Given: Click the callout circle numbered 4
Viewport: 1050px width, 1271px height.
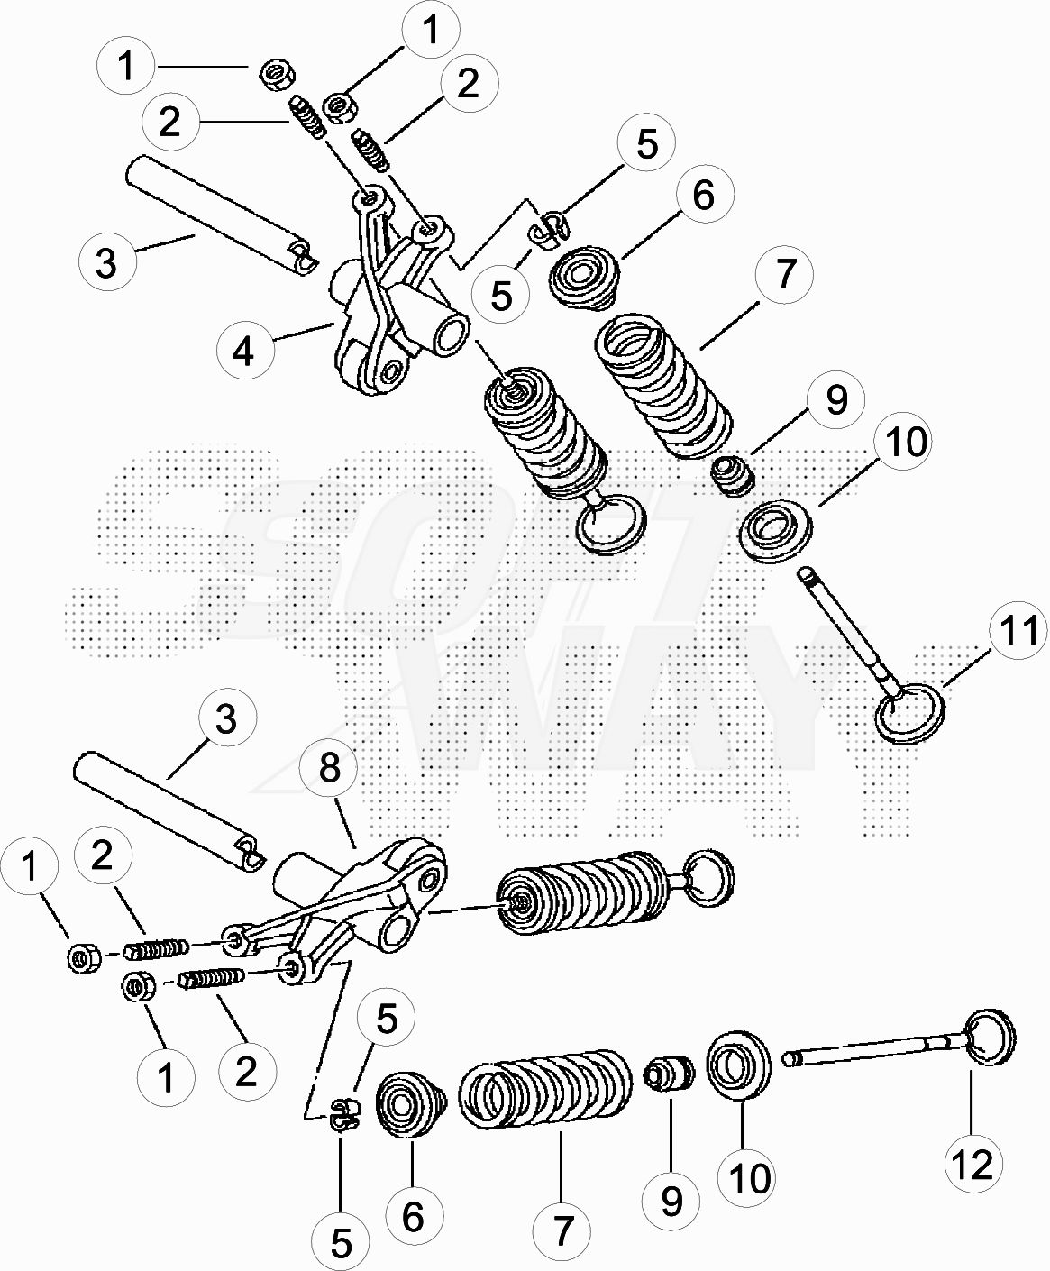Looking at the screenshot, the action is (244, 350).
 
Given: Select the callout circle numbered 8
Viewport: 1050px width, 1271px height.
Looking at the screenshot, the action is (329, 768).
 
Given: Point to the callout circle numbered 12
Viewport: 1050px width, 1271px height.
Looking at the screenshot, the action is (973, 1163).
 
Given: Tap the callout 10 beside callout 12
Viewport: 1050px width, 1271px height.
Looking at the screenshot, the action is (747, 1177).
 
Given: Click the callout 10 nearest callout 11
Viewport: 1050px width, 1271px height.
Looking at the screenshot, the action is (904, 441).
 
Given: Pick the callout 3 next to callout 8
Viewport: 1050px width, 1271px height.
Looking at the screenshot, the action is (226, 719).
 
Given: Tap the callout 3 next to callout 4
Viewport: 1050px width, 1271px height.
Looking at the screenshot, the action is (107, 263).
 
